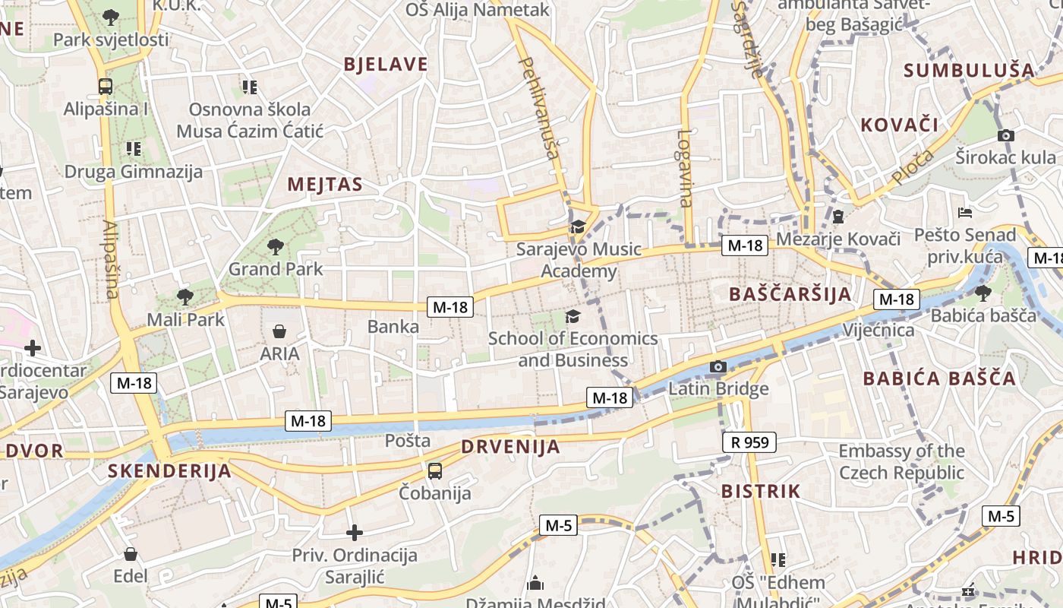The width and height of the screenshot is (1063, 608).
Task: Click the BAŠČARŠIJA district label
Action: (x=790, y=294)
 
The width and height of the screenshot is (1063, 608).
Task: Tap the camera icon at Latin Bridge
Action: (x=718, y=367)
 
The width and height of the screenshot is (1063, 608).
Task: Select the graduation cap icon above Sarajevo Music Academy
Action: (x=578, y=226)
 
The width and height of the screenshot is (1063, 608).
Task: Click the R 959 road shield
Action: (x=749, y=442)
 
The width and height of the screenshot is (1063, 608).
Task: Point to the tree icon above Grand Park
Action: (x=275, y=246)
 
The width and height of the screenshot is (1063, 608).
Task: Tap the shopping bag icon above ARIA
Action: (x=279, y=331)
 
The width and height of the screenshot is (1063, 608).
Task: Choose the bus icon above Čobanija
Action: (x=434, y=471)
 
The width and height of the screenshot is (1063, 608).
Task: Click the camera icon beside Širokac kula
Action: (x=1006, y=135)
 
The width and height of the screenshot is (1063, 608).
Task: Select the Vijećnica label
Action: (x=878, y=331)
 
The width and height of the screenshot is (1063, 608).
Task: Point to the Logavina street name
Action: (x=685, y=169)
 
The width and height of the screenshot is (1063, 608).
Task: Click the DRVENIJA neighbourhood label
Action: (x=510, y=447)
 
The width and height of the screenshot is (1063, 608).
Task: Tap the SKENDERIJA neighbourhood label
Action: (x=169, y=470)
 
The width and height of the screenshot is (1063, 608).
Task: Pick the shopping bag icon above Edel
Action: (x=131, y=554)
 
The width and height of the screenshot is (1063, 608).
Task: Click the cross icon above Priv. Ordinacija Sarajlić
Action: (x=355, y=533)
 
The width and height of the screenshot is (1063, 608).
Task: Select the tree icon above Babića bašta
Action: (x=983, y=293)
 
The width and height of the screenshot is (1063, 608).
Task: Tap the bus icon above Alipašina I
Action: (x=106, y=87)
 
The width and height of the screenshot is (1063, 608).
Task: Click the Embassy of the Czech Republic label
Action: (x=901, y=461)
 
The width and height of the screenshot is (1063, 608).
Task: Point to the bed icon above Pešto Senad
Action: (x=965, y=212)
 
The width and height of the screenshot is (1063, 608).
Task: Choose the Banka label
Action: (x=393, y=327)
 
